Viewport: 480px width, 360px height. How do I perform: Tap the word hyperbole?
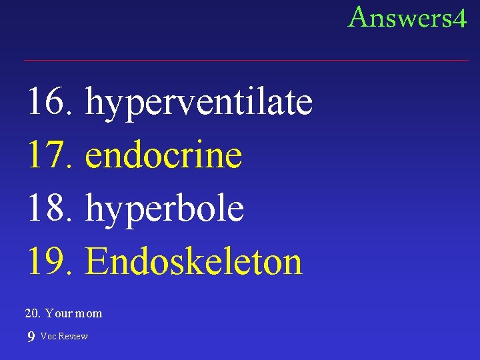165,209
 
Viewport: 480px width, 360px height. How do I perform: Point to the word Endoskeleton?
193,261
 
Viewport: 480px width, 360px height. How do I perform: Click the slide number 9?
31,337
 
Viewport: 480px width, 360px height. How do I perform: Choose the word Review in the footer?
73,336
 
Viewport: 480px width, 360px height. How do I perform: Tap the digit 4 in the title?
459,19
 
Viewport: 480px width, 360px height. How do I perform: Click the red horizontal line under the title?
246,61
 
